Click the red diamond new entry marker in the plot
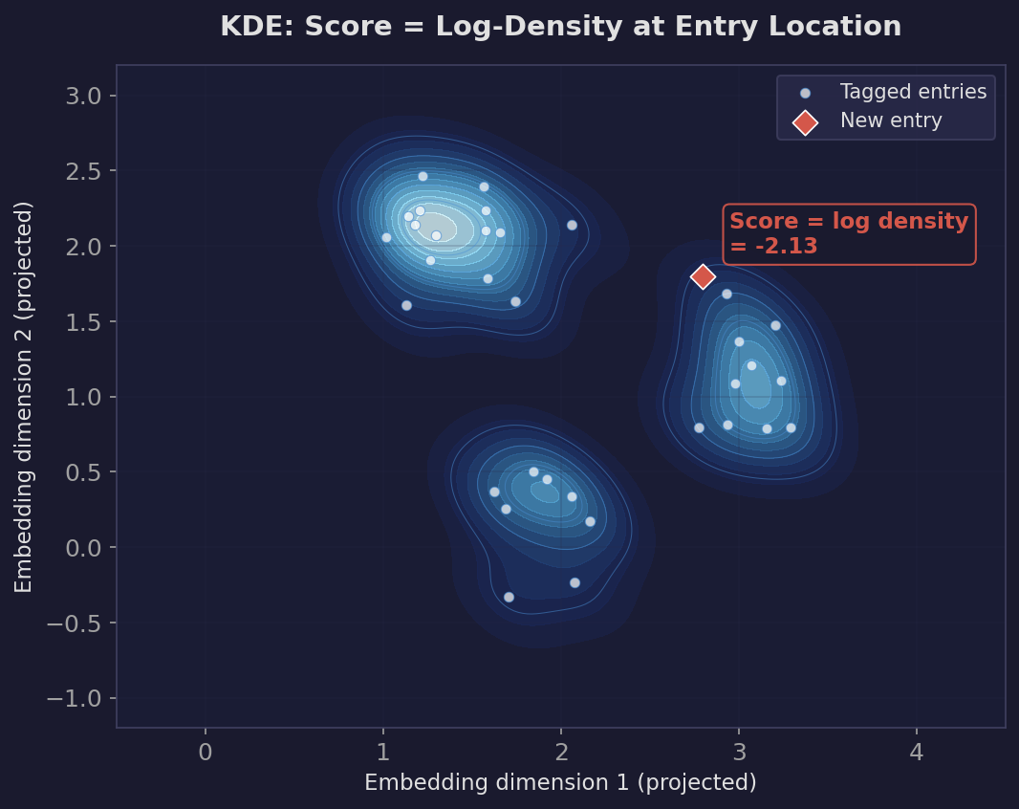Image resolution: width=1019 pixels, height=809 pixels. (703, 276)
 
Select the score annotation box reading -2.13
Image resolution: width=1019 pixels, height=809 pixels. (849, 234)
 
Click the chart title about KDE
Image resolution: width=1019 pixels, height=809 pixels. (560, 27)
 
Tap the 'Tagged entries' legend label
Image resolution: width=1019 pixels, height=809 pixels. (913, 93)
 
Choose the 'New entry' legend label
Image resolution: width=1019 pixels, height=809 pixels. (890, 121)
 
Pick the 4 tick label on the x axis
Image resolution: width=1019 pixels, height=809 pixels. (916, 753)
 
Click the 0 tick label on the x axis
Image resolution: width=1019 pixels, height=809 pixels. (205, 753)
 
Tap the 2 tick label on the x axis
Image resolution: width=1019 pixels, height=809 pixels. (560, 753)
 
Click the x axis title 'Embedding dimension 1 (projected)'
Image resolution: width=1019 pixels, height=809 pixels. (560, 783)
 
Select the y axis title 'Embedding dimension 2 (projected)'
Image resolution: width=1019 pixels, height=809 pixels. (25, 396)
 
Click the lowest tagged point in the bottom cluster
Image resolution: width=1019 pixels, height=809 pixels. (509, 597)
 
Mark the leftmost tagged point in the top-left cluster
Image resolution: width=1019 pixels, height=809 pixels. (386, 237)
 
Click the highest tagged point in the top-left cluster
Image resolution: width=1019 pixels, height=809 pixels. (423, 176)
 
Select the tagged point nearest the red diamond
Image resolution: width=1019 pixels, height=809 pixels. (726, 294)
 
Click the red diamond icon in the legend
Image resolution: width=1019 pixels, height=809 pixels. (805, 121)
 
